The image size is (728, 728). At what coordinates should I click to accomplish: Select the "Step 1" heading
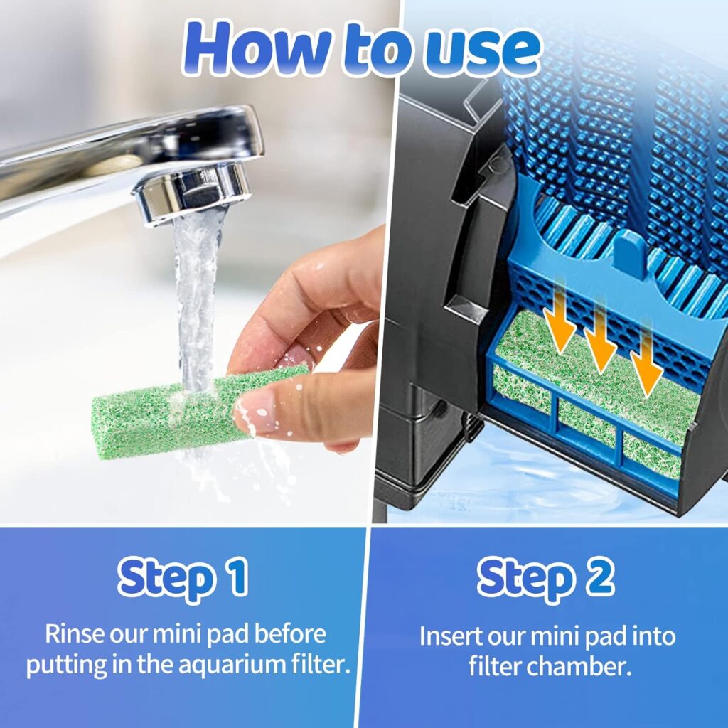(x=183, y=579)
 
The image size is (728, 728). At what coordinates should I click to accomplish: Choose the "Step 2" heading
(x=546, y=579)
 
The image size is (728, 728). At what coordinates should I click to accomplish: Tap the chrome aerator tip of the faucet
(x=191, y=193)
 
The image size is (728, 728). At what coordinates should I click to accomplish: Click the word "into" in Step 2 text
(x=654, y=636)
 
